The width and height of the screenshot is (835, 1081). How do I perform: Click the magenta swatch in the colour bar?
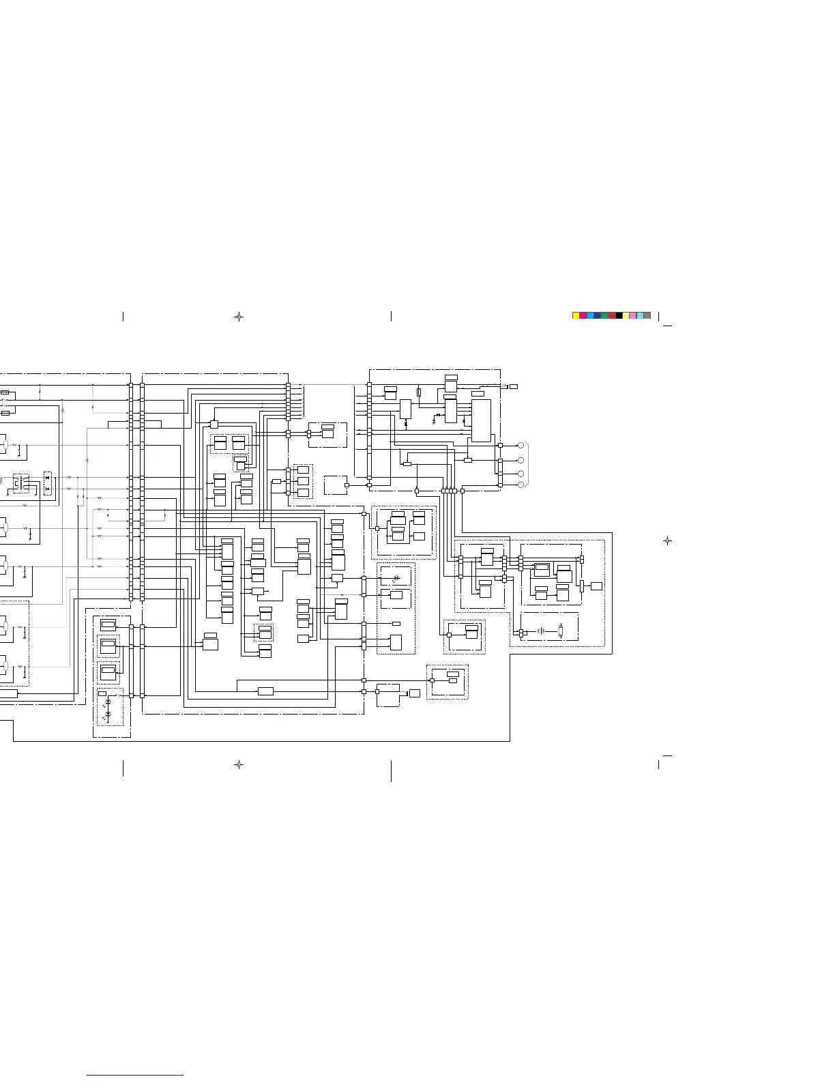[x=583, y=315]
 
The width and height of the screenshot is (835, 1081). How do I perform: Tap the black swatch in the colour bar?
[x=619, y=315]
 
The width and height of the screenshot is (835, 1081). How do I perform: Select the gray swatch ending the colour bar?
[x=647, y=315]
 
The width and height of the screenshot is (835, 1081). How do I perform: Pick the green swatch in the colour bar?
[x=604, y=315]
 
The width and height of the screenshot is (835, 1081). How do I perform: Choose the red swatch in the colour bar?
[x=612, y=315]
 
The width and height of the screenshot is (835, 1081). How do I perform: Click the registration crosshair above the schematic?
[x=239, y=317]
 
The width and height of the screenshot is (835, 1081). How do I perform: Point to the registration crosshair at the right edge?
[x=667, y=540]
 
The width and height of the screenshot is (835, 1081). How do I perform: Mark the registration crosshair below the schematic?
[x=239, y=765]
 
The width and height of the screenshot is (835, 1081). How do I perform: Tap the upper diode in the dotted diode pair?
[x=47, y=478]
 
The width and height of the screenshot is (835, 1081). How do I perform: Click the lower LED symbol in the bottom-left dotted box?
[x=108, y=714]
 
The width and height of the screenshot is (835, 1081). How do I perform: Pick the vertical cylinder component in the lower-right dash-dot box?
[x=560, y=631]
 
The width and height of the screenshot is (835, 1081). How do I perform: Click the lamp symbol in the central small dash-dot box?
[x=397, y=579]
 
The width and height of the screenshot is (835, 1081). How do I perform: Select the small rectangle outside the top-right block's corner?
[x=514, y=386]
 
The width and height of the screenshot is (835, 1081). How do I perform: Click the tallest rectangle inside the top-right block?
[x=480, y=420]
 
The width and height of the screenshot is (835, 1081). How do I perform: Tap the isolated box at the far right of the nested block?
[x=596, y=586]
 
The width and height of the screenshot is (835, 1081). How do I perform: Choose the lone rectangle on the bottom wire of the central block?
[x=265, y=691]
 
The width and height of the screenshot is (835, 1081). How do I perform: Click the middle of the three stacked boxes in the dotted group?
[x=303, y=481]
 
